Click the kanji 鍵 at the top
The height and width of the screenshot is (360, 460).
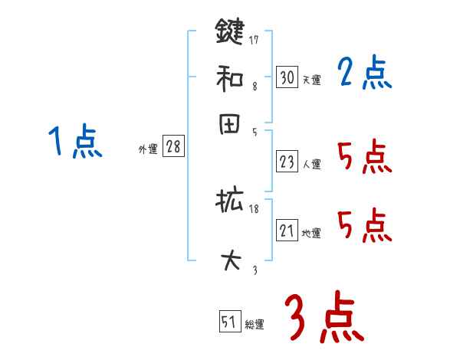click(x=229, y=32)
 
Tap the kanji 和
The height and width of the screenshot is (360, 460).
click(x=229, y=77)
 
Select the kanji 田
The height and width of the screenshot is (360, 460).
click(x=229, y=125)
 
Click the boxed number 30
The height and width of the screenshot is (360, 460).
click(x=287, y=77)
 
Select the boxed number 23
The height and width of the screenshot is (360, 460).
click(x=287, y=162)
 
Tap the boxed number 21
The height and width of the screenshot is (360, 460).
click(x=287, y=231)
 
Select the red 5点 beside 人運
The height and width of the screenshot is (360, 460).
click(x=364, y=159)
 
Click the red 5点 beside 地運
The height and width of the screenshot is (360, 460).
click(x=364, y=226)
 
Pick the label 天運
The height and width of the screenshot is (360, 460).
click(x=311, y=80)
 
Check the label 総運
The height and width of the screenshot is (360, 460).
click(x=255, y=325)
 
